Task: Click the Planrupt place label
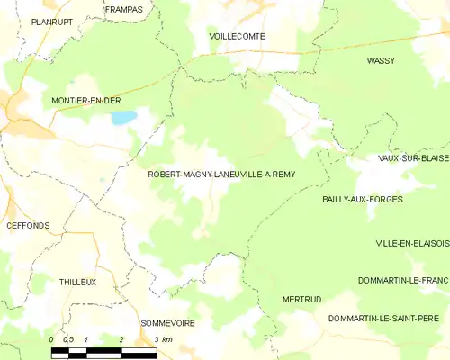pyautogui.click(x=52, y=21)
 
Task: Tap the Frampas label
pyautogui.click(x=122, y=10)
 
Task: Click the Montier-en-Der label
pyautogui.click(x=86, y=101)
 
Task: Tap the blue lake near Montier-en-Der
pyautogui.click(x=123, y=117)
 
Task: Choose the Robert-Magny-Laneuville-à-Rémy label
pyautogui.click(x=221, y=175)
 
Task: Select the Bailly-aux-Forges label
pyautogui.click(x=362, y=199)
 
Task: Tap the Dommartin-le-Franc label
pyautogui.click(x=402, y=282)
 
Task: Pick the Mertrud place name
pyautogui.click(x=301, y=299)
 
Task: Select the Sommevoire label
pyautogui.click(x=167, y=322)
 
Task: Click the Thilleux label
pyautogui.click(x=77, y=282)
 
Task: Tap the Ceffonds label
pyautogui.click(x=28, y=225)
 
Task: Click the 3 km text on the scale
pyautogui.click(x=162, y=339)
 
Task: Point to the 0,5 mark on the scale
pyautogui.click(x=68, y=339)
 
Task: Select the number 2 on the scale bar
pyautogui.click(x=121, y=339)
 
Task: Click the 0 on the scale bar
pyautogui.click(x=52, y=339)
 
